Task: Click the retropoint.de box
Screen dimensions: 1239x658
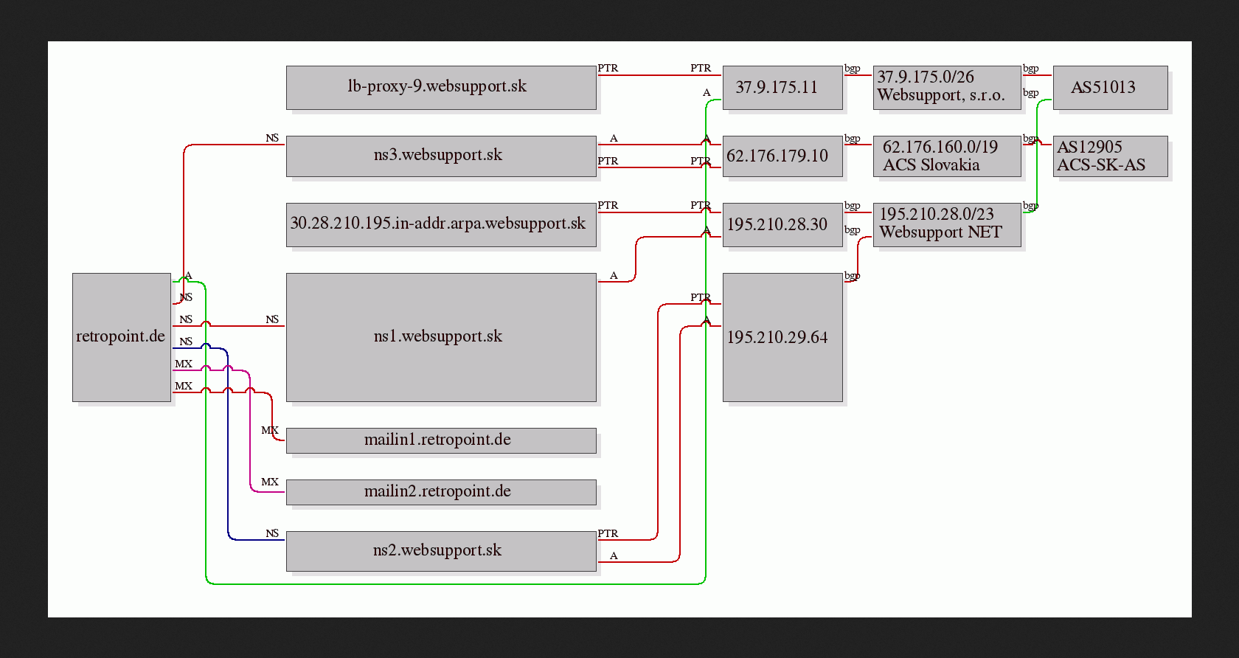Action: click(x=122, y=337)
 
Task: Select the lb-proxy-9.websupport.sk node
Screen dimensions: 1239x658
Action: click(x=441, y=88)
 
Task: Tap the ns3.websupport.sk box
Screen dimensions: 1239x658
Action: click(x=441, y=156)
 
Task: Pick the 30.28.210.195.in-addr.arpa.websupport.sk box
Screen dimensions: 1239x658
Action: click(x=441, y=225)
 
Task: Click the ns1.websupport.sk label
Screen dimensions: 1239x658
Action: click(x=437, y=336)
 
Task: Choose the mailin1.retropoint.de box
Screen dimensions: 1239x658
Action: click(x=441, y=440)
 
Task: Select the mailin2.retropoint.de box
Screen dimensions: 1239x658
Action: click(x=441, y=492)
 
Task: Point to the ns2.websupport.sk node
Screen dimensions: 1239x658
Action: click(x=441, y=551)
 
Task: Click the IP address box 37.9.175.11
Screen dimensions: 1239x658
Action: click(x=782, y=88)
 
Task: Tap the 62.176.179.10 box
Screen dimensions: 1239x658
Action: click(x=782, y=156)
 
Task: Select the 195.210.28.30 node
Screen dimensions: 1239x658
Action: click(x=782, y=225)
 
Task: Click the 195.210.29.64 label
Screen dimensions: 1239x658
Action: click(x=777, y=337)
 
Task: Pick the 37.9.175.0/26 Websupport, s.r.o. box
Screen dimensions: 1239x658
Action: click(x=947, y=88)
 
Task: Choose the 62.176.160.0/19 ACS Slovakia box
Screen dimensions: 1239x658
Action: click(x=947, y=156)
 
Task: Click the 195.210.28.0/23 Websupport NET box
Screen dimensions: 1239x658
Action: click(x=947, y=225)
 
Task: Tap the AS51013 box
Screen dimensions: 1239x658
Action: click(x=1110, y=88)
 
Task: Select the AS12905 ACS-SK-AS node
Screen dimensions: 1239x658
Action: click(x=1110, y=156)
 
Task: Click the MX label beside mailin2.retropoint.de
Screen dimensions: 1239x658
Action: click(x=270, y=482)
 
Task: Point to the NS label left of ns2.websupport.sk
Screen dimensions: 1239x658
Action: click(x=272, y=533)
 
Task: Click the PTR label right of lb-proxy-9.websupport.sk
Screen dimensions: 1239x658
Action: click(x=608, y=68)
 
